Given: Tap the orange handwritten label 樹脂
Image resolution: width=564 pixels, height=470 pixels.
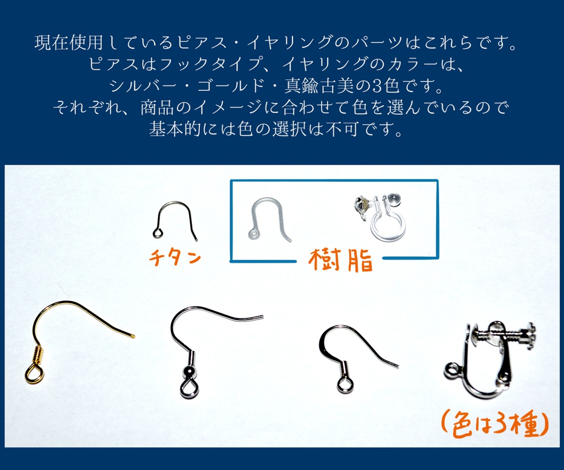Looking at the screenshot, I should (340, 260).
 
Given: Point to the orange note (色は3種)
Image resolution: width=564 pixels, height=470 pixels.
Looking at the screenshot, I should (494, 424).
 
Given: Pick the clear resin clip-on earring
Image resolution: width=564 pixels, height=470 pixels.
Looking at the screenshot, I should (384, 217).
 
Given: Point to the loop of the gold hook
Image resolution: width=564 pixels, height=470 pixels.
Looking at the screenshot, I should (34, 375).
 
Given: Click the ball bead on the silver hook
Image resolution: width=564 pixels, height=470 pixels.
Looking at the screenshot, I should (189, 372).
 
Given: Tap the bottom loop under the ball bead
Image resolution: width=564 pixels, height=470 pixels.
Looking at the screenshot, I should (189, 389).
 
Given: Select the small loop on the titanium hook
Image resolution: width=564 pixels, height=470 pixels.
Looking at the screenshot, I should (158, 234).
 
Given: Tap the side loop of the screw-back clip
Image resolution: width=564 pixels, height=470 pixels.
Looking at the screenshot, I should (452, 370).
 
